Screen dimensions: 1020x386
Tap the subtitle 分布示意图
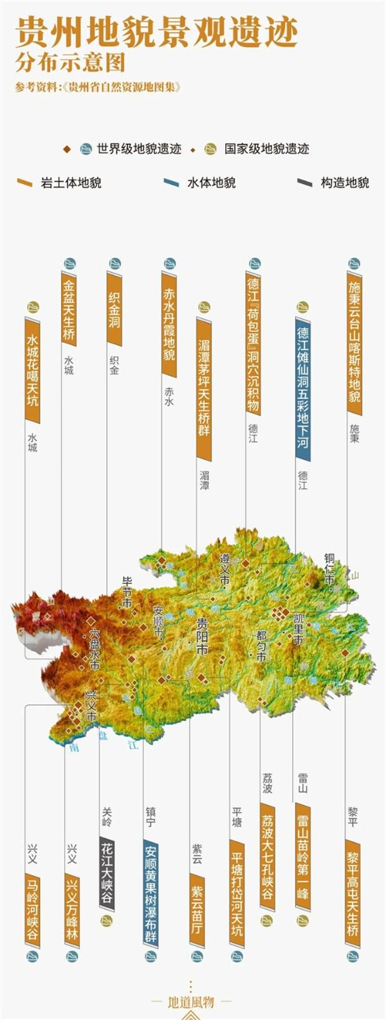70,64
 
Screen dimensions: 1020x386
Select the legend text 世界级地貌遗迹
139,149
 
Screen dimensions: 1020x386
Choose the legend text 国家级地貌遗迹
266,149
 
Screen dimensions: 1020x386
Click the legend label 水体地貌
211,183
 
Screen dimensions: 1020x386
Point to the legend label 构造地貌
345,183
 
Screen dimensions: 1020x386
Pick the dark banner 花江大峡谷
107,872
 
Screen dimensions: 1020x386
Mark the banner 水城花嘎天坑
33,370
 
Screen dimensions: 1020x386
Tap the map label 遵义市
225,569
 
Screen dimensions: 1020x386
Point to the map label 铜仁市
329,569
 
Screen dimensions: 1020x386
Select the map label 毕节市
127,592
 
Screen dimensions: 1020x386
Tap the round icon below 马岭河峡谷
32,956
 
